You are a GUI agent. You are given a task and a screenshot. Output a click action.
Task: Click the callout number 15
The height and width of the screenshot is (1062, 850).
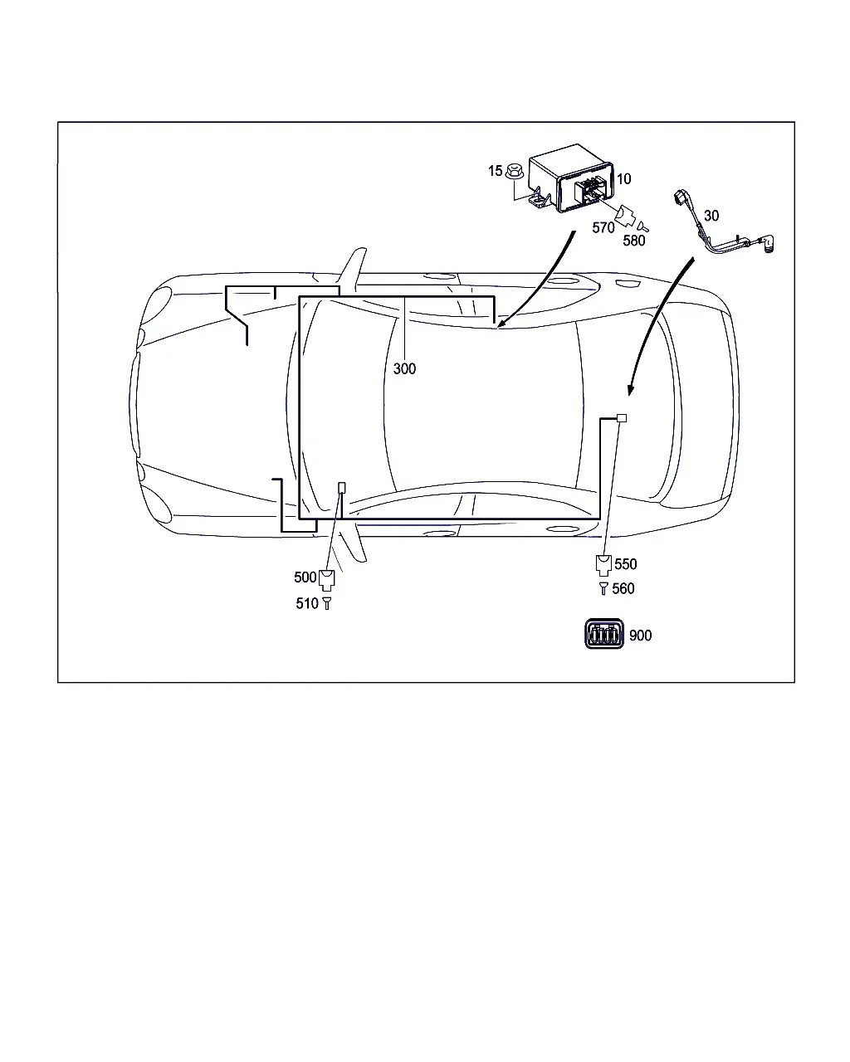(x=495, y=171)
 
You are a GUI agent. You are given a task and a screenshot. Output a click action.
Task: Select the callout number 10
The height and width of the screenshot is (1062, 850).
(x=623, y=178)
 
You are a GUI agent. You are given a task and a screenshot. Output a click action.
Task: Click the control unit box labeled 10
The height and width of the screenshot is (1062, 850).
(x=571, y=178)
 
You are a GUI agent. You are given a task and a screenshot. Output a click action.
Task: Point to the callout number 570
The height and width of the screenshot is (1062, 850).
(x=603, y=227)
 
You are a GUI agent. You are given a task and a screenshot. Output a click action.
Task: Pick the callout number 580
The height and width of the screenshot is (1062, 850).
(x=633, y=241)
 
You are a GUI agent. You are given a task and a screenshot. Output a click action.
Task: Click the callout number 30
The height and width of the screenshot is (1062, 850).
(x=711, y=216)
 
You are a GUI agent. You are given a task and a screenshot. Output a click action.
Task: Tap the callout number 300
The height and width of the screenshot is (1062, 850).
(x=404, y=368)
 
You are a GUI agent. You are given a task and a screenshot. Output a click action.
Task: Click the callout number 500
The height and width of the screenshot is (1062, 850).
(x=305, y=577)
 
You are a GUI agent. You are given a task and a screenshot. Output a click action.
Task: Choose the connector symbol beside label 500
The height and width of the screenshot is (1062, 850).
(x=326, y=580)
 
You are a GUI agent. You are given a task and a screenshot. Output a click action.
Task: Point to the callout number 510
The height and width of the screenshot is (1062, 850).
(x=306, y=603)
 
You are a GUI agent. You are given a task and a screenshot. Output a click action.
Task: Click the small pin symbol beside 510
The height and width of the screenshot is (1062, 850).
(x=326, y=603)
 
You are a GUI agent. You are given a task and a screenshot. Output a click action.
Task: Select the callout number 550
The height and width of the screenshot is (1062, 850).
(x=625, y=564)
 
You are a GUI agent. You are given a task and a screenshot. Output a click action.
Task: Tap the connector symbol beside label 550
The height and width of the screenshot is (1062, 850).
(x=603, y=566)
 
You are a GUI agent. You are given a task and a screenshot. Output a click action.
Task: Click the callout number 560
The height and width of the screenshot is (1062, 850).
(x=623, y=588)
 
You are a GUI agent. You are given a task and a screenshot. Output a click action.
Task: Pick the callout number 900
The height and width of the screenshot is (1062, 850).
(x=640, y=636)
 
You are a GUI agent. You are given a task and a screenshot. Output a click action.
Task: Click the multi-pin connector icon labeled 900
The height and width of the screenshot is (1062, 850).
(x=604, y=634)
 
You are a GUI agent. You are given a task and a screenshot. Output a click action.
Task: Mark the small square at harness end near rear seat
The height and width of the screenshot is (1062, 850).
(x=622, y=418)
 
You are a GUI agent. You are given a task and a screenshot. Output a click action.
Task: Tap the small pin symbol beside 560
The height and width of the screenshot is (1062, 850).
(x=603, y=588)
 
